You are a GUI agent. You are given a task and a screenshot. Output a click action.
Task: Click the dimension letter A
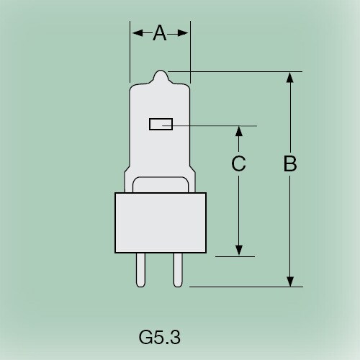[x=160, y=33]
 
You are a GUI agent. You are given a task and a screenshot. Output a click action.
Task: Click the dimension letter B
[x=290, y=164]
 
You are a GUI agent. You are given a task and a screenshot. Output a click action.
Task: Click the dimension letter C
[x=238, y=164]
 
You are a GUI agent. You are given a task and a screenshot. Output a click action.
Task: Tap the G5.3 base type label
[x=158, y=336]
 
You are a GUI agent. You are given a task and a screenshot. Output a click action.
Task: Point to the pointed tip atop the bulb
[x=160, y=73]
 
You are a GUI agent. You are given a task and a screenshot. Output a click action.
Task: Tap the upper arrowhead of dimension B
[x=290, y=78]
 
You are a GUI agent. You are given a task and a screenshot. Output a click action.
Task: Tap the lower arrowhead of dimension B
[x=290, y=280]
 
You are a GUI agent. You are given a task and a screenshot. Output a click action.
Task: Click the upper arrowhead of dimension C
[x=238, y=132]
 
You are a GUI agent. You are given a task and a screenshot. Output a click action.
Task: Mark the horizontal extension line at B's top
[x=238, y=71]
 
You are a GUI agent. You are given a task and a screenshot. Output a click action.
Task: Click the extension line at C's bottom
[x=235, y=256]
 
